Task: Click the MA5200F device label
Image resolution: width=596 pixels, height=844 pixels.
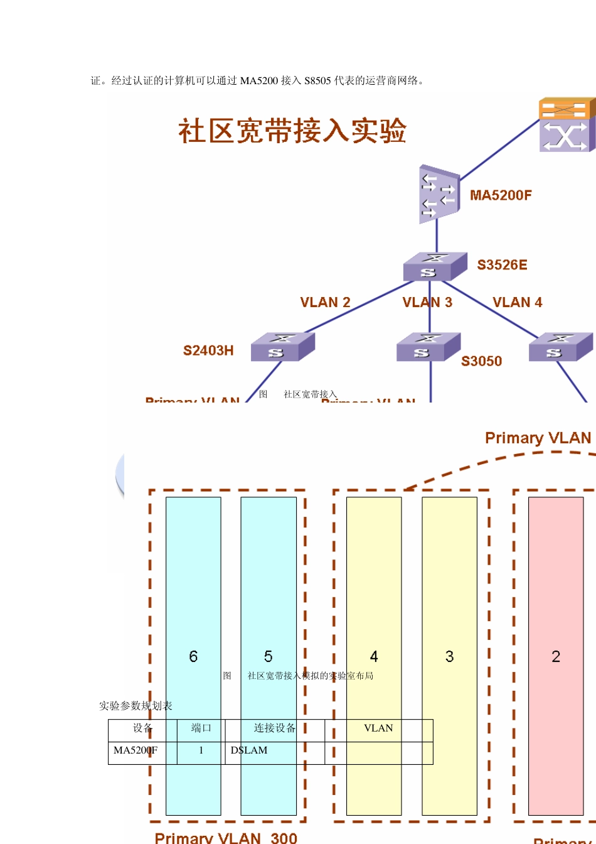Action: pyautogui.click(x=501, y=195)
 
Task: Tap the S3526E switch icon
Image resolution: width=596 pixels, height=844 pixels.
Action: pyautogui.click(x=435, y=266)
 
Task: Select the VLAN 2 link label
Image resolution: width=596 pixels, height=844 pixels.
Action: pyautogui.click(x=325, y=303)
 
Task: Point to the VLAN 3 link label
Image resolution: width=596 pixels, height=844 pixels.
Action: pyautogui.click(x=427, y=303)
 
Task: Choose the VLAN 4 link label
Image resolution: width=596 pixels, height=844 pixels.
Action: pyautogui.click(x=517, y=303)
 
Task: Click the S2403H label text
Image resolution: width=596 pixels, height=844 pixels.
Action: pyautogui.click(x=208, y=350)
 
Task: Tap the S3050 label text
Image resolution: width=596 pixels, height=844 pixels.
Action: pyautogui.click(x=481, y=361)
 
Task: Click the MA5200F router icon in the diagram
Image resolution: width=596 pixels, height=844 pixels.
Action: pyautogui.click(x=437, y=194)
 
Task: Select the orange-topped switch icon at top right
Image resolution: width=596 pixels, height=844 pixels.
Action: pyautogui.click(x=567, y=124)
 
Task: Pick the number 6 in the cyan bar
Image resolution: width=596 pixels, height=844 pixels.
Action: pyautogui.click(x=193, y=657)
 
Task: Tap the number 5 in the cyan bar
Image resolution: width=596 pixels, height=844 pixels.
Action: pyautogui.click(x=268, y=657)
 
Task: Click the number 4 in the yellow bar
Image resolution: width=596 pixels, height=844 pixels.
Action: pyautogui.click(x=374, y=657)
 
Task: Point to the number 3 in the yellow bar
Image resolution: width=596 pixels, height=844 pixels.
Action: pyautogui.click(x=449, y=657)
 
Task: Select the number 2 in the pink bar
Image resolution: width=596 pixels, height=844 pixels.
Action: pyautogui.click(x=556, y=657)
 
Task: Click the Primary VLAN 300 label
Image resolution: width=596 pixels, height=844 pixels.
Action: pyautogui.click(x=226, y=837)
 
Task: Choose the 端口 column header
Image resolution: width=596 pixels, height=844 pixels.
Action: pyautogui.click(x=201, y=728)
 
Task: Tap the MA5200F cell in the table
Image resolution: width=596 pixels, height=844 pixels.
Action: pyautogui.click(x=136, y=750)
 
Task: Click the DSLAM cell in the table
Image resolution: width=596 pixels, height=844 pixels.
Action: pyautogui.click(x=249, y=750)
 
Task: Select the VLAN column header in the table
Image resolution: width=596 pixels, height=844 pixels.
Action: pyautogui.click(x=378, y=728)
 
